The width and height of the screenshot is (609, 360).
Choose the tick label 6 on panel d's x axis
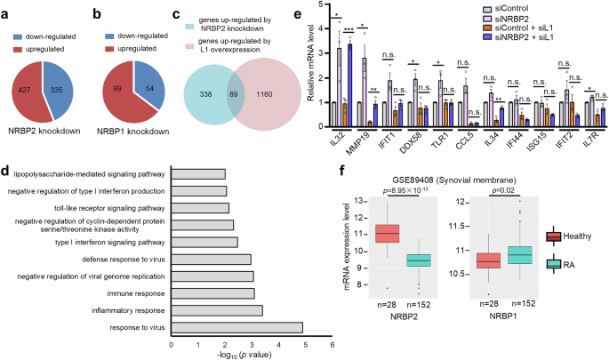point(332,344)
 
